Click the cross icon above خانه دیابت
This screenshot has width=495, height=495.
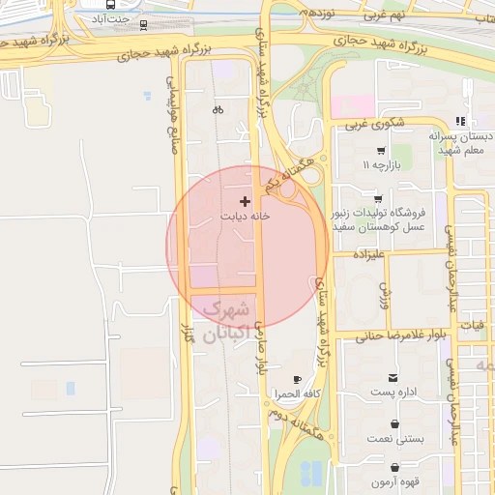click(x=245, y=201)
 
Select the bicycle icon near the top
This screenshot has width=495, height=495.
click(x=218, y=109)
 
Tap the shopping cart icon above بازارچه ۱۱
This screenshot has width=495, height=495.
click(x=381, y=150)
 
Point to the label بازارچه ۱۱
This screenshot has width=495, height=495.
click(x=381, y=165)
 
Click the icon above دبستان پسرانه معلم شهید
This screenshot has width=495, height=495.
click(x=461, y=121)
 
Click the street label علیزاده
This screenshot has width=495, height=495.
click(x=369, y=255)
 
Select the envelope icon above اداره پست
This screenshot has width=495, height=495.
click(x=393, y=377)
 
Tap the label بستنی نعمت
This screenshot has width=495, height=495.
click(x=394, y=439)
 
